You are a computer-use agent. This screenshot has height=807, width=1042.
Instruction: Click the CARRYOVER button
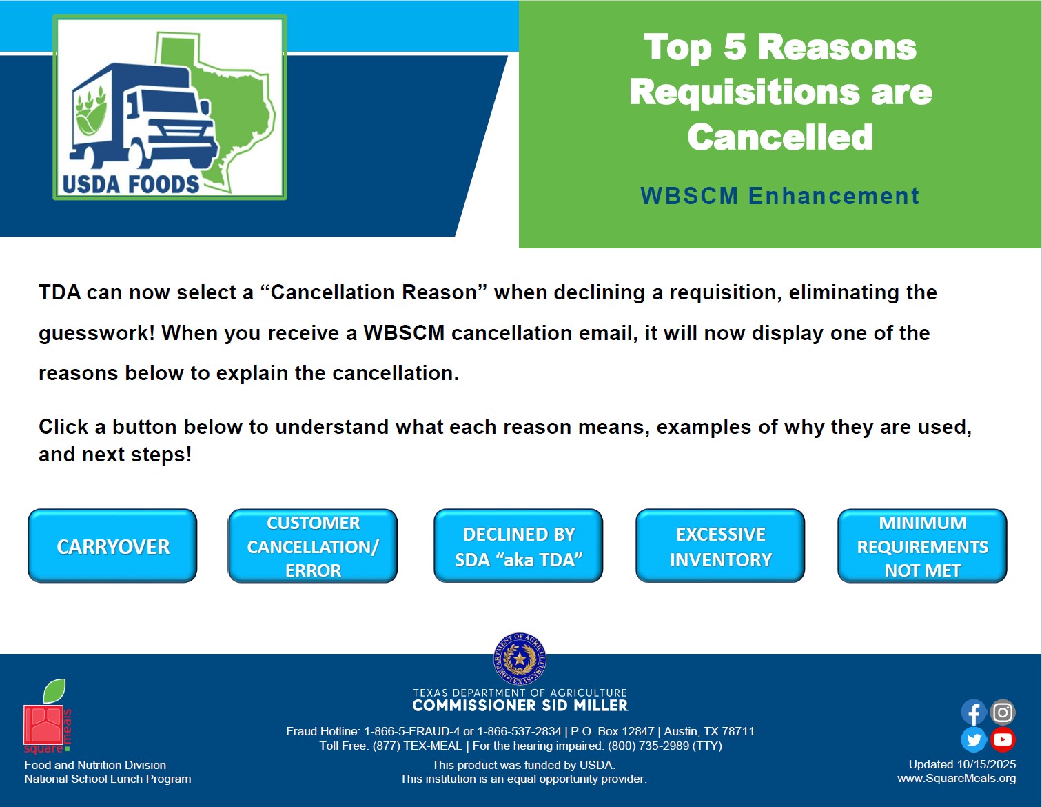pos(113,546)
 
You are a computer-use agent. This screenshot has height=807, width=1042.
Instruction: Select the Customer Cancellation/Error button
pos(313,546)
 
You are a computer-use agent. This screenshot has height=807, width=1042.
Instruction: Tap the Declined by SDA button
pos(518,546)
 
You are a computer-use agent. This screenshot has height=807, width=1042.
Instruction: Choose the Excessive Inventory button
pos(720,546)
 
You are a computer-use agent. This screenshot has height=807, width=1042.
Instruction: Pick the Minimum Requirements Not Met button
pos(922,546)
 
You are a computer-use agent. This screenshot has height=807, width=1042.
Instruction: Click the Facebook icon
pos(973,713)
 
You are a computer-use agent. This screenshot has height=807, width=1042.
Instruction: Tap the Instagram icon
pos(1003,713)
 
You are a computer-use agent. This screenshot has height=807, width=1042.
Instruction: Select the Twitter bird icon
pos(973,740)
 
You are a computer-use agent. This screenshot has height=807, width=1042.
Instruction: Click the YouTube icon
pos(1003,740)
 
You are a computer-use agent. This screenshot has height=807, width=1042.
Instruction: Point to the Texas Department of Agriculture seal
pos(520,659)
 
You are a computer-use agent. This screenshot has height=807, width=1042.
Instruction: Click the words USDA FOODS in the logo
pos(130,185)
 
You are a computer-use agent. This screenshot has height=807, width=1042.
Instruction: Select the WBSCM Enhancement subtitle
pos(779,196)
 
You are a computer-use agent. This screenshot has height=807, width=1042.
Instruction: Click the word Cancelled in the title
pos(779,137)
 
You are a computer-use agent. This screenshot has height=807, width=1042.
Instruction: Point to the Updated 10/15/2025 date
pos(962,764)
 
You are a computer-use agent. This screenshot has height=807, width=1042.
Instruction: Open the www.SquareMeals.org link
pos(957,779)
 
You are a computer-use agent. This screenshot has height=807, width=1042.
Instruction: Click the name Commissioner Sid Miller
pos(520,706)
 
